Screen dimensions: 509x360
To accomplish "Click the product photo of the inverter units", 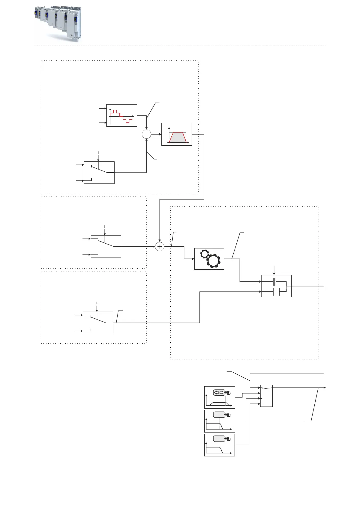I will pyautogui.click(x=57, y=23).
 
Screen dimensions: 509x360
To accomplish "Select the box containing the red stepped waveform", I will pyautogui.click(x=122, y=115).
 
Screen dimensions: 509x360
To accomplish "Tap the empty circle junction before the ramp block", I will pyautogui.click(x=146, y=134).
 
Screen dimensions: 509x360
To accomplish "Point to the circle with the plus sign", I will pyautogui.click(x=160, y=247).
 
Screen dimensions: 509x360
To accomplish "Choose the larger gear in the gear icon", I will pyautogui.click(x=213, y=261).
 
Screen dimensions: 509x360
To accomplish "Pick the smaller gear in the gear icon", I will pyautogui.click(x=205, y=254).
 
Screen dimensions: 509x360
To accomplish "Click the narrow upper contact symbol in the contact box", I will pyautogui.click(x=274, y=282).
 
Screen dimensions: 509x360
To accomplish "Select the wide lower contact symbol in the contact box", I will pyautogui.click(x=276, y=292).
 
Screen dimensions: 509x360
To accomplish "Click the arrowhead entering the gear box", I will pyautogui.click(x=193, y=259).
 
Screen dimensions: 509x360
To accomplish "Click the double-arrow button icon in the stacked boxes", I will pyautogui.click(x=219, y=393).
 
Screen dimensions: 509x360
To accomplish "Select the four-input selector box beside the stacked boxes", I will pyautogui.click(x=266, y=396).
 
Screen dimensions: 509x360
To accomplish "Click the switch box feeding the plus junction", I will pyautogui.click(x=106, y=247).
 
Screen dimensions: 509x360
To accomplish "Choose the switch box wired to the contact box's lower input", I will pyautogui.click(x=98, y=323).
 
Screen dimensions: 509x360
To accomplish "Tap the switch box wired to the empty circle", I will pyautogui.click(x=99, y=173).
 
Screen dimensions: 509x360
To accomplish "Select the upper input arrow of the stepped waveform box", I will pyautogui.click(x=105, y=108).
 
